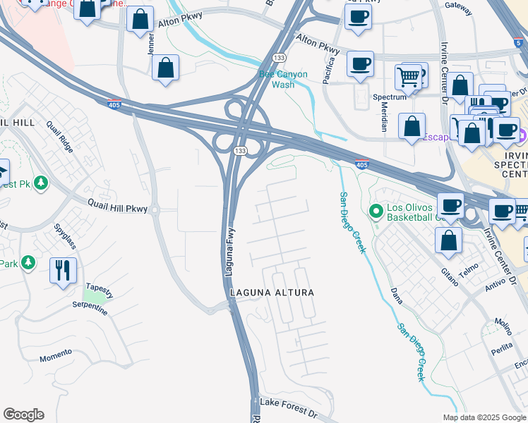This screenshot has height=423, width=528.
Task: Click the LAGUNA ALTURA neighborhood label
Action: point(271,292)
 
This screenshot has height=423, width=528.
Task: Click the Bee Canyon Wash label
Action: point(283,79)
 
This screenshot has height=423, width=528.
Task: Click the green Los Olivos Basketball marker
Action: point(376,210)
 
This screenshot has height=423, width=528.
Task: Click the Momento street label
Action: point(56,352)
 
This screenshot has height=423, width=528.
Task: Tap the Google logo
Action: point(23,415)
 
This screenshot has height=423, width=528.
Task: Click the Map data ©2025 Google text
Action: point(483,417)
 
